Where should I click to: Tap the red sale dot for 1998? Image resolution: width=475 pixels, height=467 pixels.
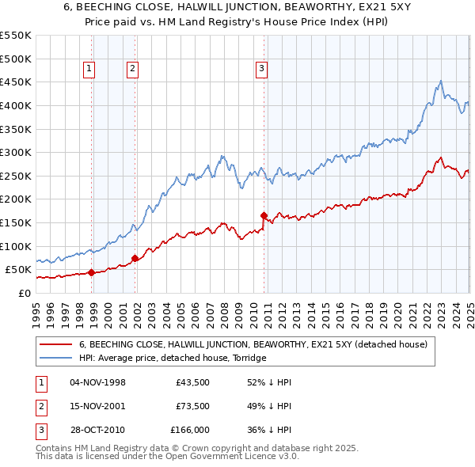91,272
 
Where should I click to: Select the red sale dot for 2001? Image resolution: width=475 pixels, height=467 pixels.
135,258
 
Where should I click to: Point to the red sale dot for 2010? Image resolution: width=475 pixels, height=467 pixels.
264,215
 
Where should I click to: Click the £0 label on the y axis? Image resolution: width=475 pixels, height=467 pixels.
24,293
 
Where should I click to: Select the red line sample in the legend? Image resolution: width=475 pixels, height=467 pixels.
57,344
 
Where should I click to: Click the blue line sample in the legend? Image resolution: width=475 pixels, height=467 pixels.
57,358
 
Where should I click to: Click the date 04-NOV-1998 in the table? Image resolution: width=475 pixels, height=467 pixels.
97,382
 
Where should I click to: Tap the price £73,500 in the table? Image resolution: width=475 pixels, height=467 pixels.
192,406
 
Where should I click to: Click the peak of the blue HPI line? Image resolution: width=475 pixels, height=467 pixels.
440,80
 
